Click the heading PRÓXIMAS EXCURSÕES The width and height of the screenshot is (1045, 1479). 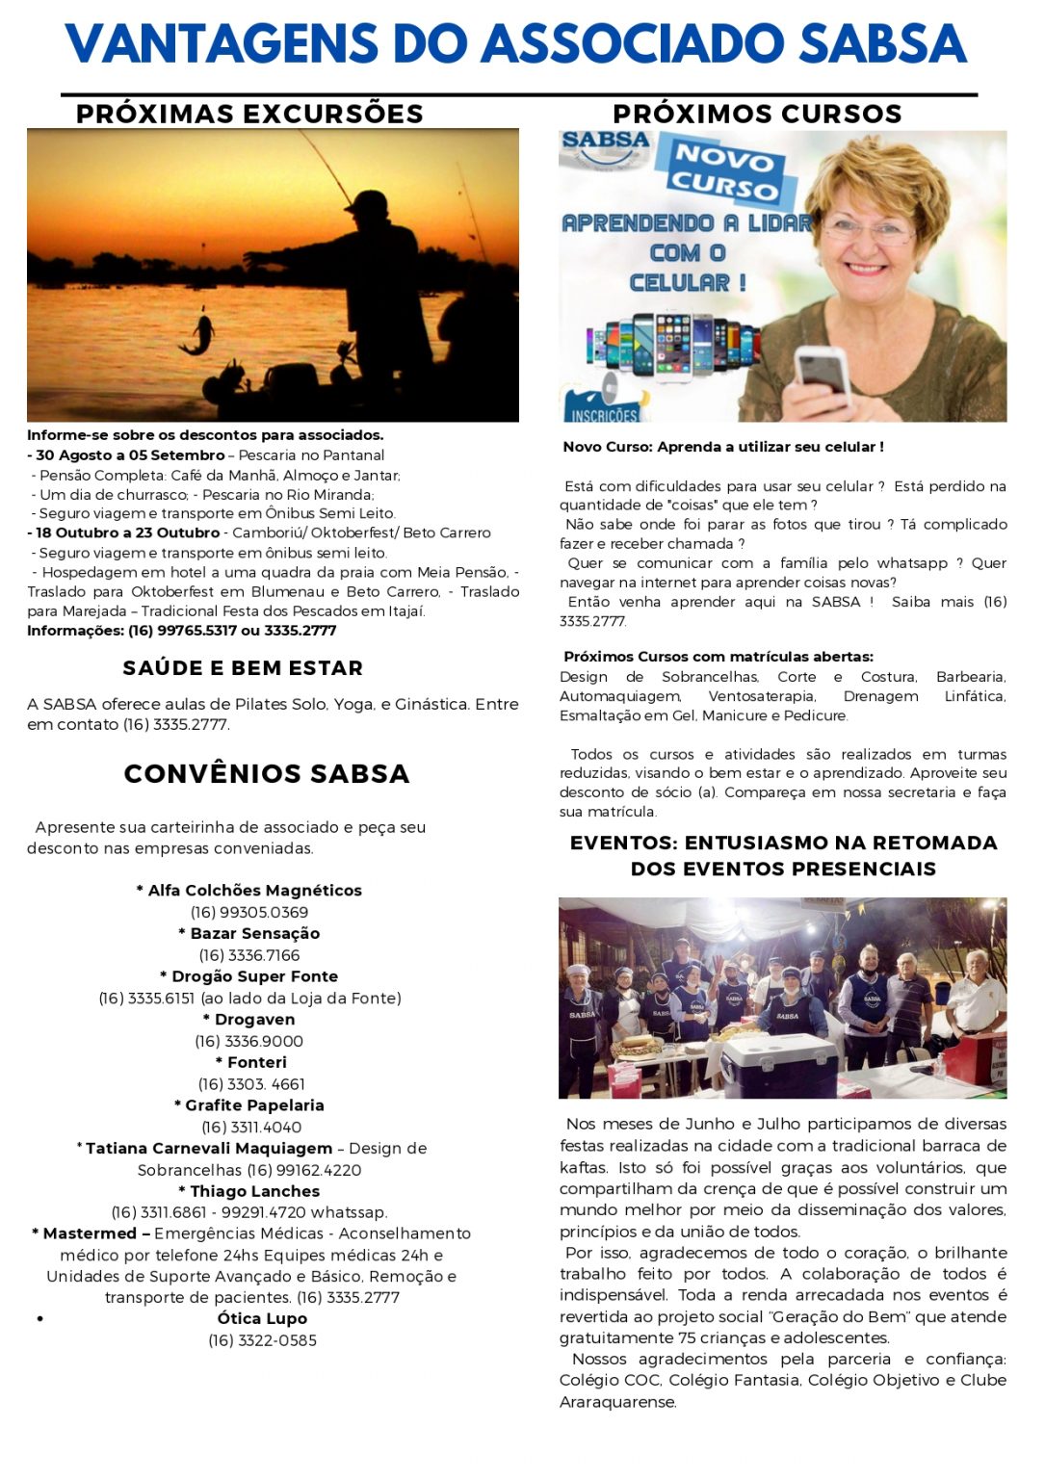click(x=249, y=114)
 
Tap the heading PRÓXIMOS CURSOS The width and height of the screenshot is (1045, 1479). click(x=757, y=114)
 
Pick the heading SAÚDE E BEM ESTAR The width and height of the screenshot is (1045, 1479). click(x=243, y=667)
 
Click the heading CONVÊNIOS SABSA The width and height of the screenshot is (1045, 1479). click(x=267, y=773)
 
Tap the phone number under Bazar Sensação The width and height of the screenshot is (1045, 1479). click(x=249, y=955)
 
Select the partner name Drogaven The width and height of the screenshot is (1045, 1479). click(x=249, y=1020)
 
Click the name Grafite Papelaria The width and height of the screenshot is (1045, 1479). click(x=249, y=1105)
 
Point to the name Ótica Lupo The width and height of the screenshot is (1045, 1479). click(x=262, y=1319)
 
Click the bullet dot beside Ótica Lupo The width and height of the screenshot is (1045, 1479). click(x=39, y=1319)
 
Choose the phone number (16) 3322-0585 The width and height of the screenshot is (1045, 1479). click(x=262, y=1340)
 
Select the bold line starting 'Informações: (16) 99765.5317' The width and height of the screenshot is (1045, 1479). click(x=182, y=631)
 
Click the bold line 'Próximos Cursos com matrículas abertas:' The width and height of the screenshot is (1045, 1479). click(x=718, y=657)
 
